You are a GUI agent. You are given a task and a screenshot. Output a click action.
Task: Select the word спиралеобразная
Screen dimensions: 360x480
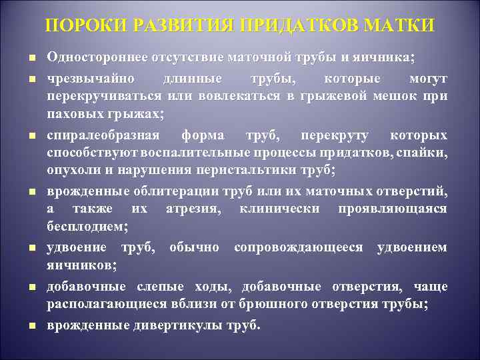coord(103,136)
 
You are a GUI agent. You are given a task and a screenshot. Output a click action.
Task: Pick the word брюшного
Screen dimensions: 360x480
coord(287,305)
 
